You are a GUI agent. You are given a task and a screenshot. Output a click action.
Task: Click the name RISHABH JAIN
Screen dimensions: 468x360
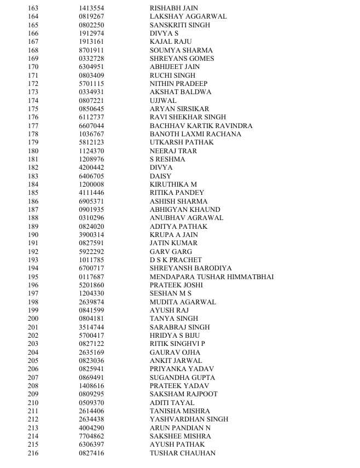pos(171,8)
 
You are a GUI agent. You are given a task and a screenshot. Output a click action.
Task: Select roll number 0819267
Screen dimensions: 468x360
pos(91,16)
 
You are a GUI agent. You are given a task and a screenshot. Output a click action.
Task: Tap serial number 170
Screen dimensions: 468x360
pos(33,67)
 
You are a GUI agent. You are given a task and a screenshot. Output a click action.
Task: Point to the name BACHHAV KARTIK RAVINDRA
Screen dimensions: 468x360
pos(201,126)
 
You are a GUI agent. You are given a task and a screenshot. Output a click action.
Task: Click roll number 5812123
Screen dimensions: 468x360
pos(91,142)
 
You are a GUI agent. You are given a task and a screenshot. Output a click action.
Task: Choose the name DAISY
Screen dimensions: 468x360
pos(160,176)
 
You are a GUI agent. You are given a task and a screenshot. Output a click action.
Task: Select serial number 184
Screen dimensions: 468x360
pos(33,184)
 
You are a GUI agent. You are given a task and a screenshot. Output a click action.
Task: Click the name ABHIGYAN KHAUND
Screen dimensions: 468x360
pos(185,210)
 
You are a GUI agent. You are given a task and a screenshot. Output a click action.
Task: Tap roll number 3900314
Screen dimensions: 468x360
pos(91,235)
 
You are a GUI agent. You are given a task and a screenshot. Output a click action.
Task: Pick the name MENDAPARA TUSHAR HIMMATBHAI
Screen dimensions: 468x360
pos(211,277)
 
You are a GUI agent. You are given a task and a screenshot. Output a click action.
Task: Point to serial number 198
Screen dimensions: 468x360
pos(33,302)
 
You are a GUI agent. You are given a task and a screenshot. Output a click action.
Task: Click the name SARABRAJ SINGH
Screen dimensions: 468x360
pos(179,327)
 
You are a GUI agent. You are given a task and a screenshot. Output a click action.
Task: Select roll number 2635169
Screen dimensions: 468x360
pos(91,353)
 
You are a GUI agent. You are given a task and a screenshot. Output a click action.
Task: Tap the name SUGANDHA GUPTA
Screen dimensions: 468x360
pos(182,378)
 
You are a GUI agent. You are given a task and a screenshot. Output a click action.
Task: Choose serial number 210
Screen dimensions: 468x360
pos(33,403)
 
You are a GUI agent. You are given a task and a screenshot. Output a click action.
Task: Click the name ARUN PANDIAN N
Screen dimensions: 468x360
pos(180,428)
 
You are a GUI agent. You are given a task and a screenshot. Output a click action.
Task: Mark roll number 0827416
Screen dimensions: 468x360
pos(91,453)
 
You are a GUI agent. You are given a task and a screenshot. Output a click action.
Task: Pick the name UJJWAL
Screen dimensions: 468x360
pos(163,101)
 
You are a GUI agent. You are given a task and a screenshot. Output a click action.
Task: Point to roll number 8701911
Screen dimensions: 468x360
pos(91,50)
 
